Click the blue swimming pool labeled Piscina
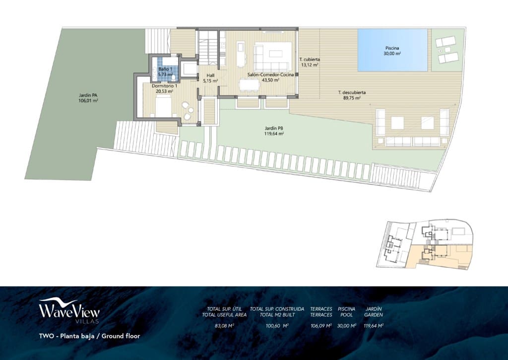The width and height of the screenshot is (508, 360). click(x=392, y=50)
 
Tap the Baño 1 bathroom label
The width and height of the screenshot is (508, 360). click(x=166, y=72)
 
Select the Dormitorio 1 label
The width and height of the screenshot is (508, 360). click(x=165, y=88)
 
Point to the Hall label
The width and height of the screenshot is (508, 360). click(x=210, y=78)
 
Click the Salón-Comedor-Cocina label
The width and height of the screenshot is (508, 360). click(x=270, y=77)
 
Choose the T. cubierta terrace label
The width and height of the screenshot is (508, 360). click(x=310, y=62)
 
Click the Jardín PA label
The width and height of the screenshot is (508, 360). click(x=88, y=98)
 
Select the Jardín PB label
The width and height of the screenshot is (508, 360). click(x=274, y=131)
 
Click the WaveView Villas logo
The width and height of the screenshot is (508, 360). click(x=69, y=311)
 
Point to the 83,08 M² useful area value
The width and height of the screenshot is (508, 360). click(x=224, y=326)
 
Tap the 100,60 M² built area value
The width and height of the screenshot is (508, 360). click(x=277, y=326)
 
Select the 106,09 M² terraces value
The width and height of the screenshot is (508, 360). click(x=321, y=326)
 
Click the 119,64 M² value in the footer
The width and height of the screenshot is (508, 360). click(x=373, y=326)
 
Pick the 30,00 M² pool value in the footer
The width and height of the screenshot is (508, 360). click(x=346, y=326)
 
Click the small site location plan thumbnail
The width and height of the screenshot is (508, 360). click(x=425, y=245)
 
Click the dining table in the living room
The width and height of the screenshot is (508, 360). click(x=249, y=85)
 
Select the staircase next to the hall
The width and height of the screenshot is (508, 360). click(x=207, y=47)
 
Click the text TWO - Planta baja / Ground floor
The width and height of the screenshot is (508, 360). click(x=89, y=336)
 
